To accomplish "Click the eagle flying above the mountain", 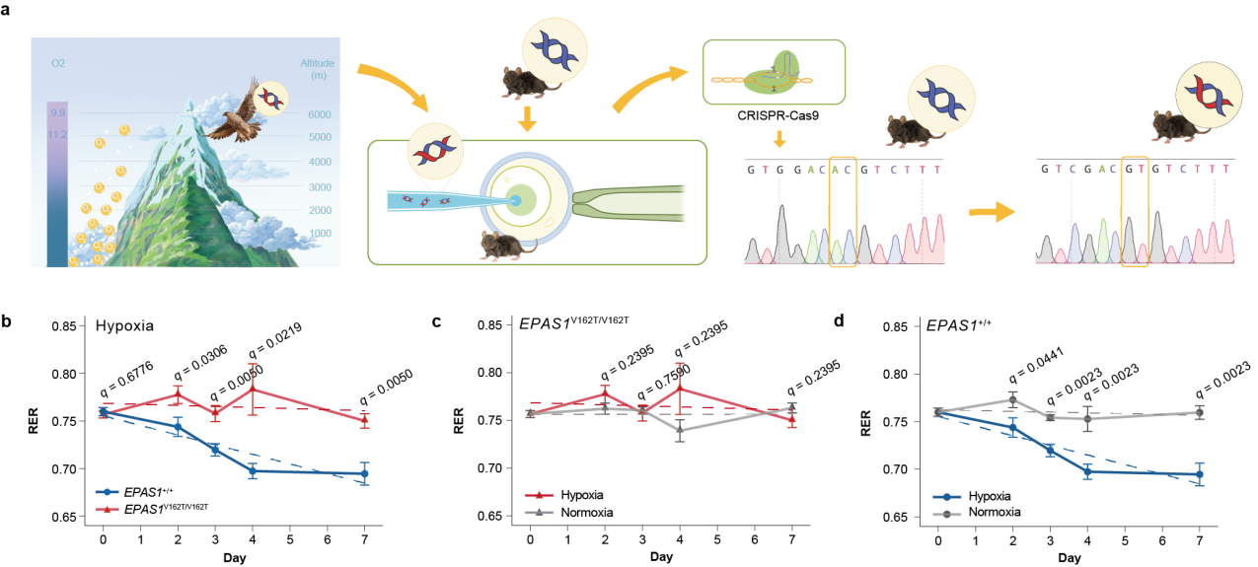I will [234, 106].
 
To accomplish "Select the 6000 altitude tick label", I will [319, 114].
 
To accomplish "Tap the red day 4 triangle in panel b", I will [253, 389].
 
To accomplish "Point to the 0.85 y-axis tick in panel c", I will [493, 326].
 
